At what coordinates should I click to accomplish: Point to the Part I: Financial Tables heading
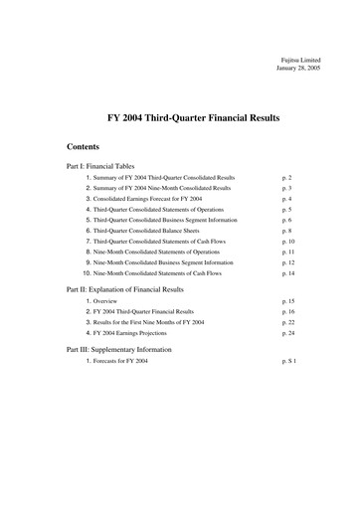(x=107, y=166)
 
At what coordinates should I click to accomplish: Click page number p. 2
(x=286, y=177)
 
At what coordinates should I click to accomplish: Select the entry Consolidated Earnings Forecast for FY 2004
(x=160, y=199)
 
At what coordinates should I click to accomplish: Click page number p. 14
(x=288, y=272)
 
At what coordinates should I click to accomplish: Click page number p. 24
(x=288, y=333)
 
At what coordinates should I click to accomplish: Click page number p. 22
(x=288, y=322)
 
